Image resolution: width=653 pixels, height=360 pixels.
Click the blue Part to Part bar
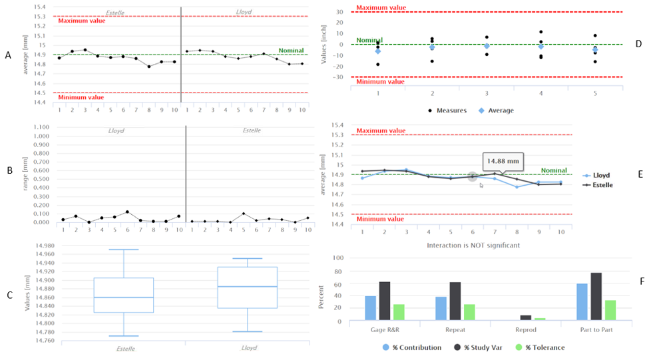[x=583, y=302]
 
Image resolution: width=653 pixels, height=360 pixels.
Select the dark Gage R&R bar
[x=385, y=301]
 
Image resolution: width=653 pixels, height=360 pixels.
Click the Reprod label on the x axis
[x=526, y=330]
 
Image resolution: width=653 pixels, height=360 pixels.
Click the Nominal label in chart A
[x=291, y=51]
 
